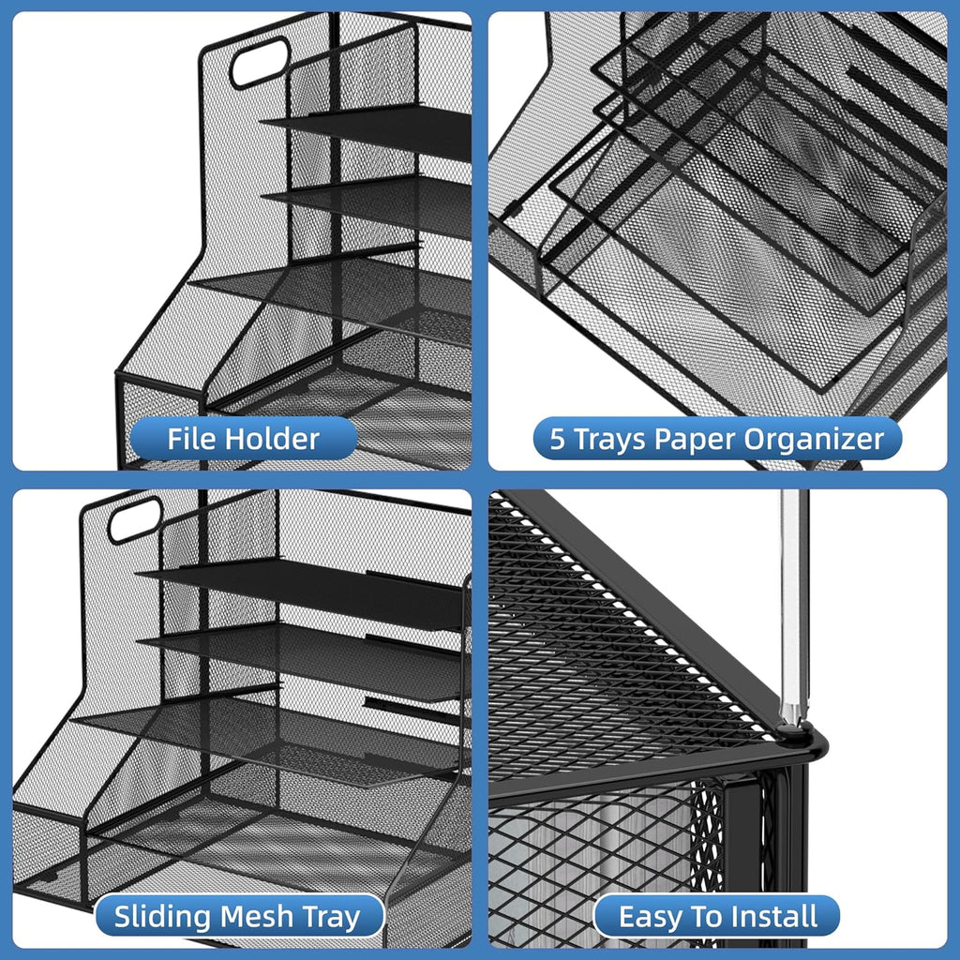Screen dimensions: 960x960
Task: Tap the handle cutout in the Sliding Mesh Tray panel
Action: tap(135, 519)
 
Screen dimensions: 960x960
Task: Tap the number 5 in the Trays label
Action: tap(558, 440)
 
